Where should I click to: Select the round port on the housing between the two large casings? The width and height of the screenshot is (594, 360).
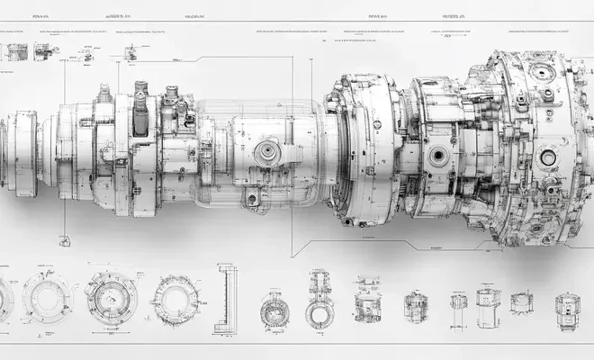438,156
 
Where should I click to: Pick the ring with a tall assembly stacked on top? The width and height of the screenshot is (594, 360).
319,301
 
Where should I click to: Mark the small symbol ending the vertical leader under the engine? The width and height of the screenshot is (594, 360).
65,240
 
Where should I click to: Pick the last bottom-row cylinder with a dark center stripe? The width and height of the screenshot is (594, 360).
567,309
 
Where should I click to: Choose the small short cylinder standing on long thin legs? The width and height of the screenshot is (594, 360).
459,303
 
